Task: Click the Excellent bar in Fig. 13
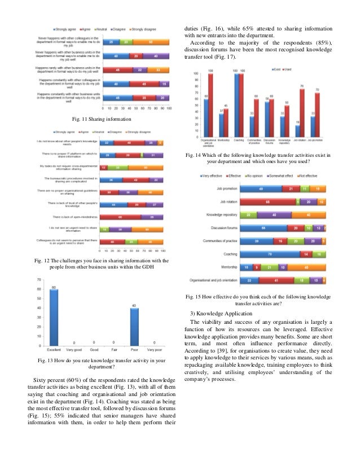pyautogui.click(x=54, y=316)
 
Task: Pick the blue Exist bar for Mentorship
pyautogui.click(x=221, y=125)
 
